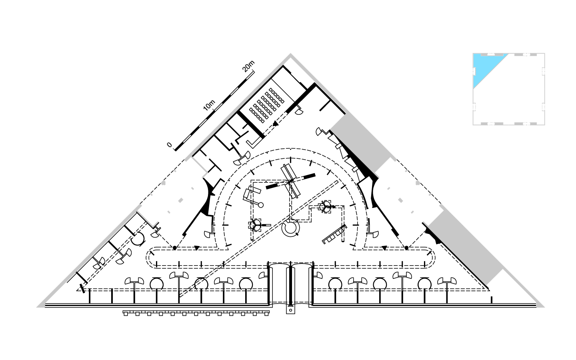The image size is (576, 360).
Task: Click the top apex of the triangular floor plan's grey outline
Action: pyautogui.click(x=290, y=54)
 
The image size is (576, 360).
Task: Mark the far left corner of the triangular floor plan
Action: pyautogui.click(x=36, y=307)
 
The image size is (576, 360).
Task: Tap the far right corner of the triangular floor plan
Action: pyautogui.click(x=545, y=307)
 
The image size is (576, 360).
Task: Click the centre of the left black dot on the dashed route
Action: pyautogui.click(x=174, y=248)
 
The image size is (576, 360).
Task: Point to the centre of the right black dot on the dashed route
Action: pyautogui.click(x=406, y=248)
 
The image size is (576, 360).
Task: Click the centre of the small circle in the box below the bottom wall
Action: pyautogui.click(x=290, y=310)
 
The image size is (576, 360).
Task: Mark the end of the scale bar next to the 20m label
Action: pyautogui.click(x=254, y=71)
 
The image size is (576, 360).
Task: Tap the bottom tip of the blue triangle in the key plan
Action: pyautogui.click(x=474, y=89)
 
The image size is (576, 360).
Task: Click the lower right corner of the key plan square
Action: pyautogui.click(x=545, y=125)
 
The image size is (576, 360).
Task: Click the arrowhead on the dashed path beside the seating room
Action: pyautogui.click(x=276, y=124)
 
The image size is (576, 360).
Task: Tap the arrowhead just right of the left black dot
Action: pyautogui.click(x=197, y=248)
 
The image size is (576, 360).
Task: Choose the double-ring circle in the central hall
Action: pyautogui.click(x=290, y=228)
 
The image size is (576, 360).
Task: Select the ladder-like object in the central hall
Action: pyautogui.click(x=334, y=234)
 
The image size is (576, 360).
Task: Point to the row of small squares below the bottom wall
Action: pyautogui.click(x=196, y=313)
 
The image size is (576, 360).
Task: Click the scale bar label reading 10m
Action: pyautogui.click(x=209, y=105)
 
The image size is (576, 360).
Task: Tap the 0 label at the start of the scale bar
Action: pyautogui.click(x=169, y=145)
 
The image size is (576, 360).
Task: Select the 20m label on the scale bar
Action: pyautogui.click(x=248, y=66)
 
